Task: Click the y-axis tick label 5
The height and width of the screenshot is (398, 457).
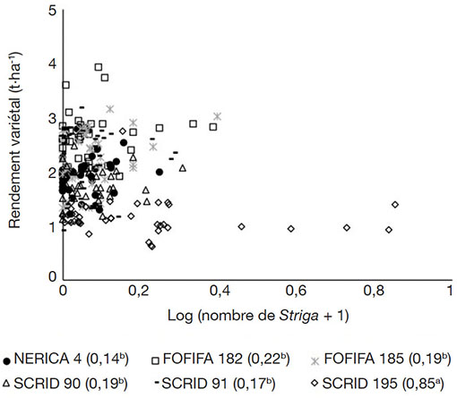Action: (52, 11)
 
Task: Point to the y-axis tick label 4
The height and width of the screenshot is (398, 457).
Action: (52, 64)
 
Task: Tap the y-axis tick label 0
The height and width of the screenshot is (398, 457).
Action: (52, 276)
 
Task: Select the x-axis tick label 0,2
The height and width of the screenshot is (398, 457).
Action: (138, 291)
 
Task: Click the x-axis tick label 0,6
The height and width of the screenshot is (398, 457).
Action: (296, 291)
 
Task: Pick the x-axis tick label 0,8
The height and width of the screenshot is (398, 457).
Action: (374, 291)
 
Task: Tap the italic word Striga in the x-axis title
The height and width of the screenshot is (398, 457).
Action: (298, 316)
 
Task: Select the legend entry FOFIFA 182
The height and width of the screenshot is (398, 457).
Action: (220, 359)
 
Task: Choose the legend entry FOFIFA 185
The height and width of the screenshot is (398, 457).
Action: (381, 359)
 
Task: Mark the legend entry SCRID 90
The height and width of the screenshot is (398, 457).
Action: (65, 384)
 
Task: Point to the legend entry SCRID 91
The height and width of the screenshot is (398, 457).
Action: (215, 384)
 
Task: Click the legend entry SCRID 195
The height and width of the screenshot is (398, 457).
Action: (377, 384)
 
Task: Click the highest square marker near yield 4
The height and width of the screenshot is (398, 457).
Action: (99, 67)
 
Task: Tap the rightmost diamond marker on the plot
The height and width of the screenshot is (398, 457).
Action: (395, 205)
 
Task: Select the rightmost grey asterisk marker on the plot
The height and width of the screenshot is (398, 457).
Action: (218, 116)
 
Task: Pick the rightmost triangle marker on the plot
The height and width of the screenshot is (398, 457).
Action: (183, 168)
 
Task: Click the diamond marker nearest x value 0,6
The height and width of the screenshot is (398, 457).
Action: (291, 229)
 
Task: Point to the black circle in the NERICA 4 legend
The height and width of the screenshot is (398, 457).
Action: (6, 361)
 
